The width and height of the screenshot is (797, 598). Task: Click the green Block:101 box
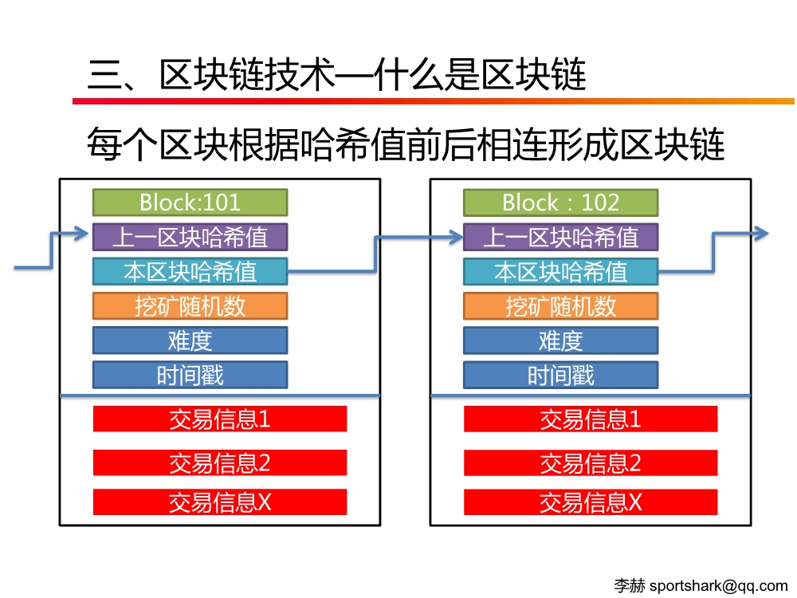190,203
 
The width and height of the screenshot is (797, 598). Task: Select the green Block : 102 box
560,203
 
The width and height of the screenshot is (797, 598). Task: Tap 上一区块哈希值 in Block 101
190,237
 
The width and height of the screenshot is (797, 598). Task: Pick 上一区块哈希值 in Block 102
560,237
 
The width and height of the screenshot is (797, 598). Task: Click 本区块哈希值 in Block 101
190,272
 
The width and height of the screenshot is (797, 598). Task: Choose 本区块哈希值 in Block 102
560,272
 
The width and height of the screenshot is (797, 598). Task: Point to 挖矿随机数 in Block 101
190,306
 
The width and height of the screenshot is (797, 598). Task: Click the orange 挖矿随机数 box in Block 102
560,306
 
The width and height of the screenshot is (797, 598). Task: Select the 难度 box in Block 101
190,340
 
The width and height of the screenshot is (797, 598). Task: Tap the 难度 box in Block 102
560,340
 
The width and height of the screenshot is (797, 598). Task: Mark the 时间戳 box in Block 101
190,376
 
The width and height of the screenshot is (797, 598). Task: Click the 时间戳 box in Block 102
560,376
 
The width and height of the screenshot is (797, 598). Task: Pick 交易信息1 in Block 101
220,419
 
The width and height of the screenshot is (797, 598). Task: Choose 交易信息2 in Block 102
591,462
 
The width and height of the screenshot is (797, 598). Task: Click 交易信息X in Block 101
220,502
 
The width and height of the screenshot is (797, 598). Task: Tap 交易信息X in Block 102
591,502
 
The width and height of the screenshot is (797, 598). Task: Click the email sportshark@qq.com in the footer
718,586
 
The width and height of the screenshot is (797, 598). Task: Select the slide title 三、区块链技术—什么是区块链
337,75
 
